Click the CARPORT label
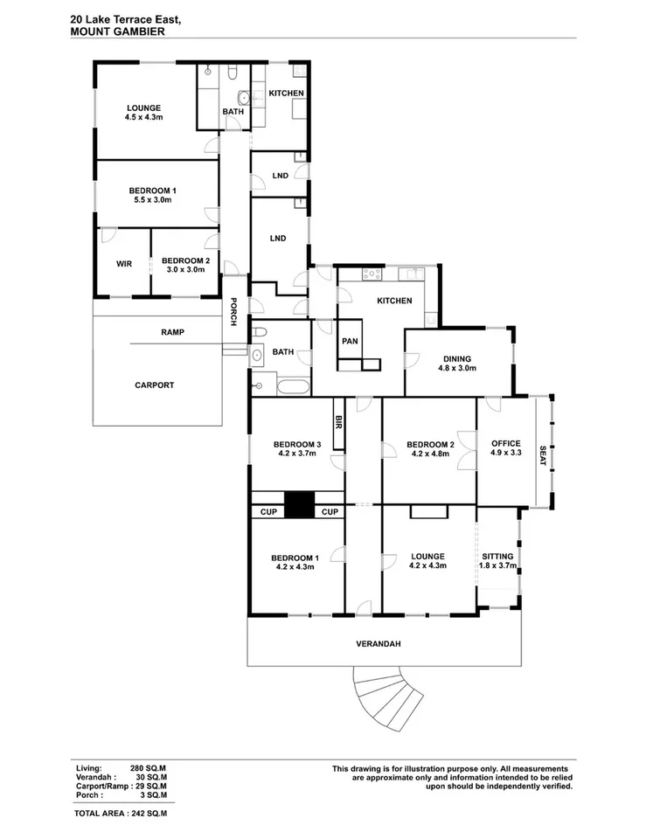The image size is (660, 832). [155, 385]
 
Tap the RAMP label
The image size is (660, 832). [172, 332]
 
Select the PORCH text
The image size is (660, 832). [233, 312]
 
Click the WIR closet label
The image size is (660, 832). [123, 263]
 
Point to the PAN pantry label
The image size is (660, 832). [349, 341]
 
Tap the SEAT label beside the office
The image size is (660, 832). [542, 456]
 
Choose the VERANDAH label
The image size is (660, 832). [379, 644]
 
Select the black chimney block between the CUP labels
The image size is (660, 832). [299, 506]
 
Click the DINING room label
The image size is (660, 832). [456, 358]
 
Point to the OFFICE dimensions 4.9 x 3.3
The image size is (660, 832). [505, 453]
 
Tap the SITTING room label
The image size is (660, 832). [498, 556]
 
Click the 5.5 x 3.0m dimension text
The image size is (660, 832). [153, 200]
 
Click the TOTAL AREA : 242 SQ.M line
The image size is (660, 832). [121, 813]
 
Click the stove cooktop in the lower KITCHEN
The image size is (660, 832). [372, 274]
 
